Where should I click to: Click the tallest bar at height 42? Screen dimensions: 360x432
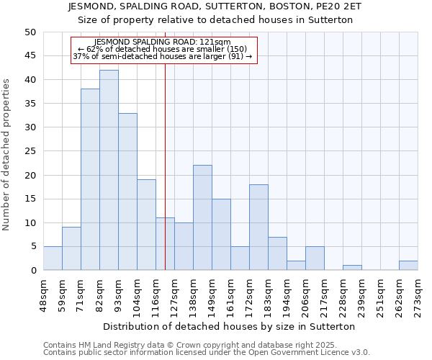[109, 170]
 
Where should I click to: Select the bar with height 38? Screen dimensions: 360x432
[90, 179]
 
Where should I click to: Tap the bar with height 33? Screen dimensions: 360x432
[127, 192]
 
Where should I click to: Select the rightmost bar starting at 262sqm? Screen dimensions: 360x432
[408, 265]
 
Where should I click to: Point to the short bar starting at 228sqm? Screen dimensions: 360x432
[352, 268]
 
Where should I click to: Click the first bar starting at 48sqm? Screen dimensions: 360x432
[53, 258]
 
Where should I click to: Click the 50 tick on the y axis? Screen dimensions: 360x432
[30, 32]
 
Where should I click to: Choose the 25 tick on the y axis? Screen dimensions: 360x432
[30, 151]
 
